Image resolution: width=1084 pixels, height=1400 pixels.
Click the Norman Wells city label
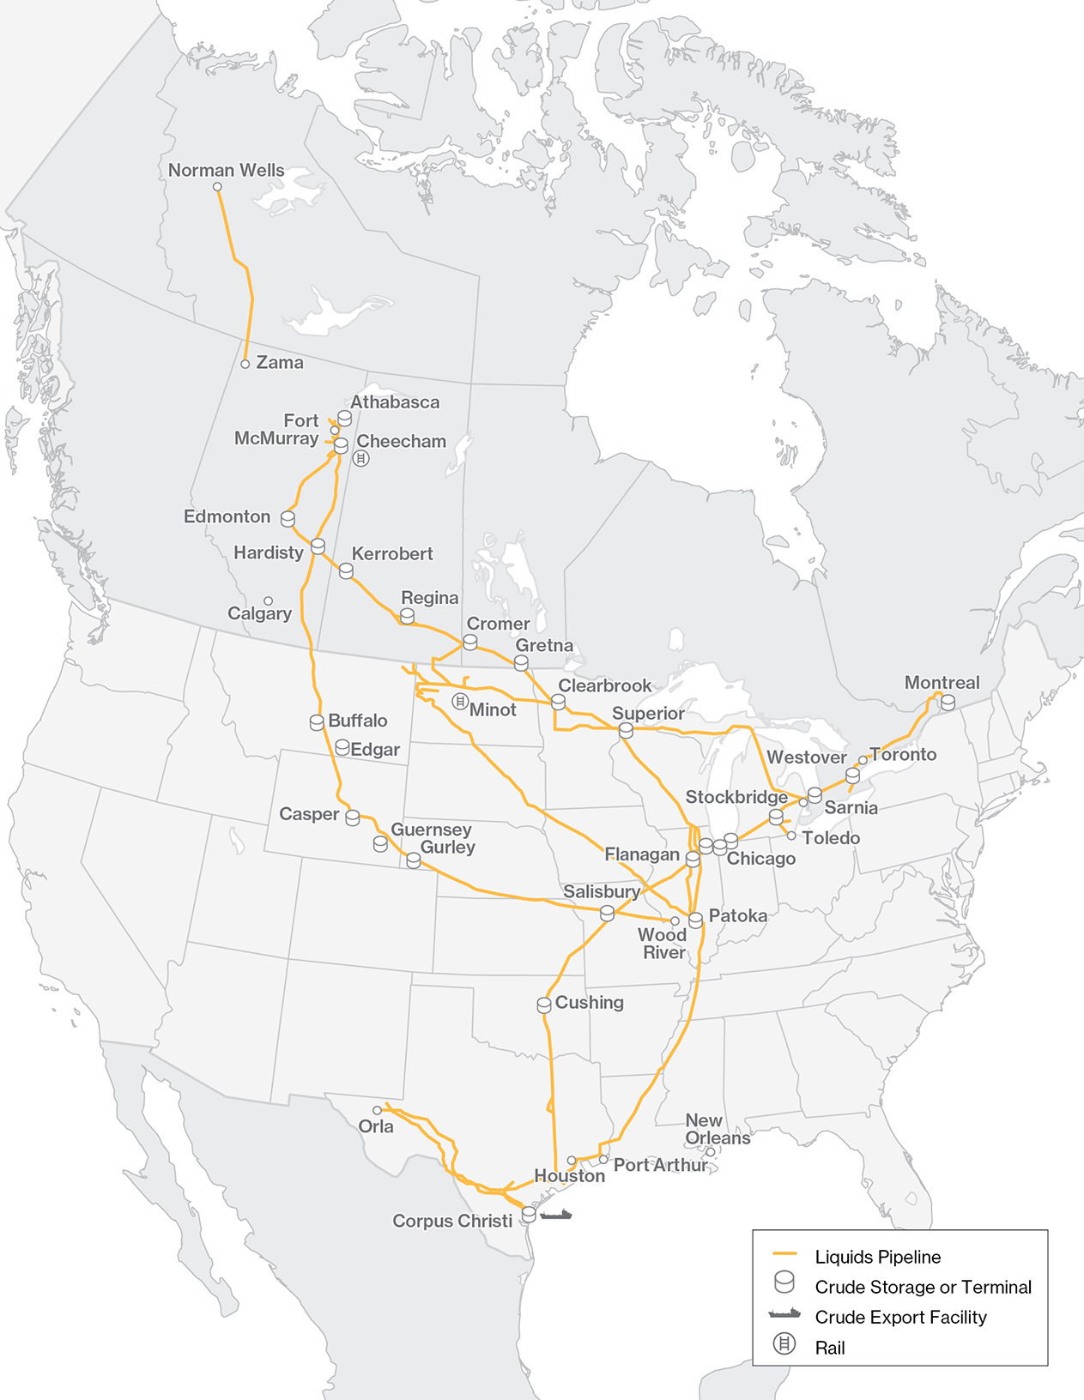(226, 170)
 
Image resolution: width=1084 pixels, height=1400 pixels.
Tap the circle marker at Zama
(245, 365)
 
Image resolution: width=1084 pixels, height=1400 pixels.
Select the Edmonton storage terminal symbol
(288, 519)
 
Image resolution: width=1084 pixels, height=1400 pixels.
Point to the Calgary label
(259, 613)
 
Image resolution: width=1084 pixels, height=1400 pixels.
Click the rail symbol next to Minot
(460, 702)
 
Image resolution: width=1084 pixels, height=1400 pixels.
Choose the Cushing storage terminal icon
(544, 1005)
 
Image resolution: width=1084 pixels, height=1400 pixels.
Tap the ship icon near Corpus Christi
(556, 1215)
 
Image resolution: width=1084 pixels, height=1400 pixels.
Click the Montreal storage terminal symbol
(948, 703)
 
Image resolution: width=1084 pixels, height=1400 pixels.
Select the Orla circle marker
(377, 1110)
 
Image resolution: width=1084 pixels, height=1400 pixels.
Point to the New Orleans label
(717, 1129)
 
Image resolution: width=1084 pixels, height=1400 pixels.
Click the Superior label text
(648, 714)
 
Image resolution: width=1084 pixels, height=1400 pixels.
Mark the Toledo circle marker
(791, 836)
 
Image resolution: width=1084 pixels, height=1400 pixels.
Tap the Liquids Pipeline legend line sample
(785, 1255)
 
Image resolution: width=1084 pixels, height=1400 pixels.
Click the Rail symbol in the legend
(784, 1344)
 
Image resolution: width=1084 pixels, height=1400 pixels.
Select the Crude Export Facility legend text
(900, 1317)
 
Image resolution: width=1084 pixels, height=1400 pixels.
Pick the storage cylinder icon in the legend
(784, 1282)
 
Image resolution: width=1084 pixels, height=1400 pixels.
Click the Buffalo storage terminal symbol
(317, 723)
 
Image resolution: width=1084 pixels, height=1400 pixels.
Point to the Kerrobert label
(392, 554)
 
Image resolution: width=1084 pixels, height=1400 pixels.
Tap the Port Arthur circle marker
(603, 1160)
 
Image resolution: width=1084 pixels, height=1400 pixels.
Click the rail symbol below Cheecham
(361, 459)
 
